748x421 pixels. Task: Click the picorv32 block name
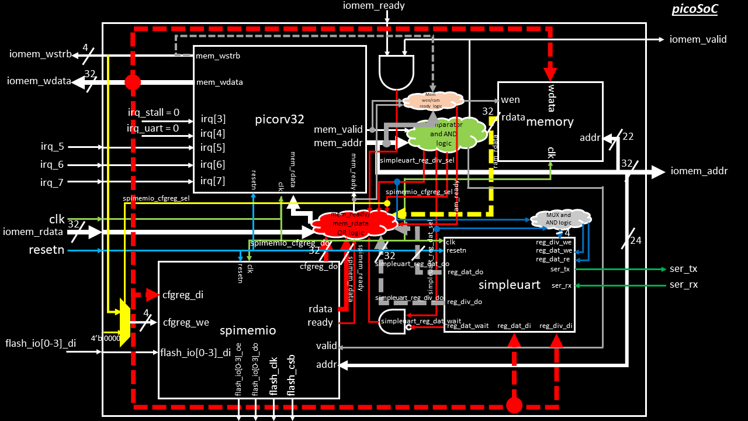pos(279,119)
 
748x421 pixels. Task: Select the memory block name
pos(550,122)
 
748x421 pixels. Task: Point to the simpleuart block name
pos(509,285)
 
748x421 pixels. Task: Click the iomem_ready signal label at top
pos(375,6)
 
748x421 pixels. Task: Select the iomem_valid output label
pos(698,39)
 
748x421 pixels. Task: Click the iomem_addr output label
pos(699,171)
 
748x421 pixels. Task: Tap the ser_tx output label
pos(683,269)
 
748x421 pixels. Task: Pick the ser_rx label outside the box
pos(683,285)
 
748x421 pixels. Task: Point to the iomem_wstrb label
pos(40,54)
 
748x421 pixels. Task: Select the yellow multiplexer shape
pos(124,322)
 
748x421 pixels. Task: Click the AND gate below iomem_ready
pos(396,72)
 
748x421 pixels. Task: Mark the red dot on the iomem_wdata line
pos(133,82)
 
